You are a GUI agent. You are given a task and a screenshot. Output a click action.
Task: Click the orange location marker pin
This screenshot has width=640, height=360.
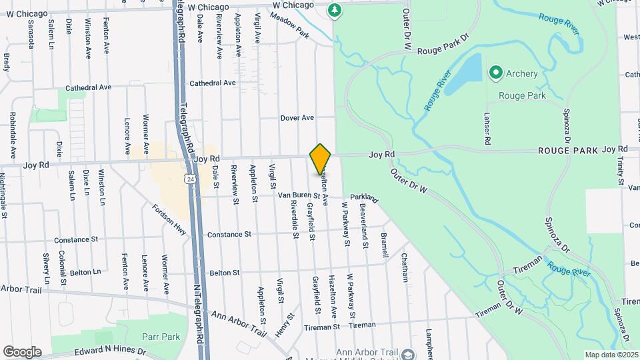point(320,159)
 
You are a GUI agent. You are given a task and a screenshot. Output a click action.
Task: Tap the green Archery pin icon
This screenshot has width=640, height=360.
point(495,73)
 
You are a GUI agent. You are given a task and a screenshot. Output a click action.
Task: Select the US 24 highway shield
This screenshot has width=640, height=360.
point(191,179)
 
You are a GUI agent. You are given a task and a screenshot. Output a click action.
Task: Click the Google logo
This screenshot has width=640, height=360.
point(22,352)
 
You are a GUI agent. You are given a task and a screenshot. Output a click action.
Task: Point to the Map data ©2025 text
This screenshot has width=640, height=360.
point(611,355)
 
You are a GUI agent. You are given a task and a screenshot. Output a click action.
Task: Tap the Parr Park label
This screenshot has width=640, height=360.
point(161,337)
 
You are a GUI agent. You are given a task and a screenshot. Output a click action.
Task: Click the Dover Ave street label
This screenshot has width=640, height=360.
point(297,118)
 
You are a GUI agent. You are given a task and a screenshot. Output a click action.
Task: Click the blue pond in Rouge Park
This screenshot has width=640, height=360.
point(463,74)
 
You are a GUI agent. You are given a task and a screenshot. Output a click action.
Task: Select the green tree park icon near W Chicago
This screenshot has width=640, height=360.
point(335,10)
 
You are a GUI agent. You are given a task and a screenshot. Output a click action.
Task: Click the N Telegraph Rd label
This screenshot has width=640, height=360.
point(198,313)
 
